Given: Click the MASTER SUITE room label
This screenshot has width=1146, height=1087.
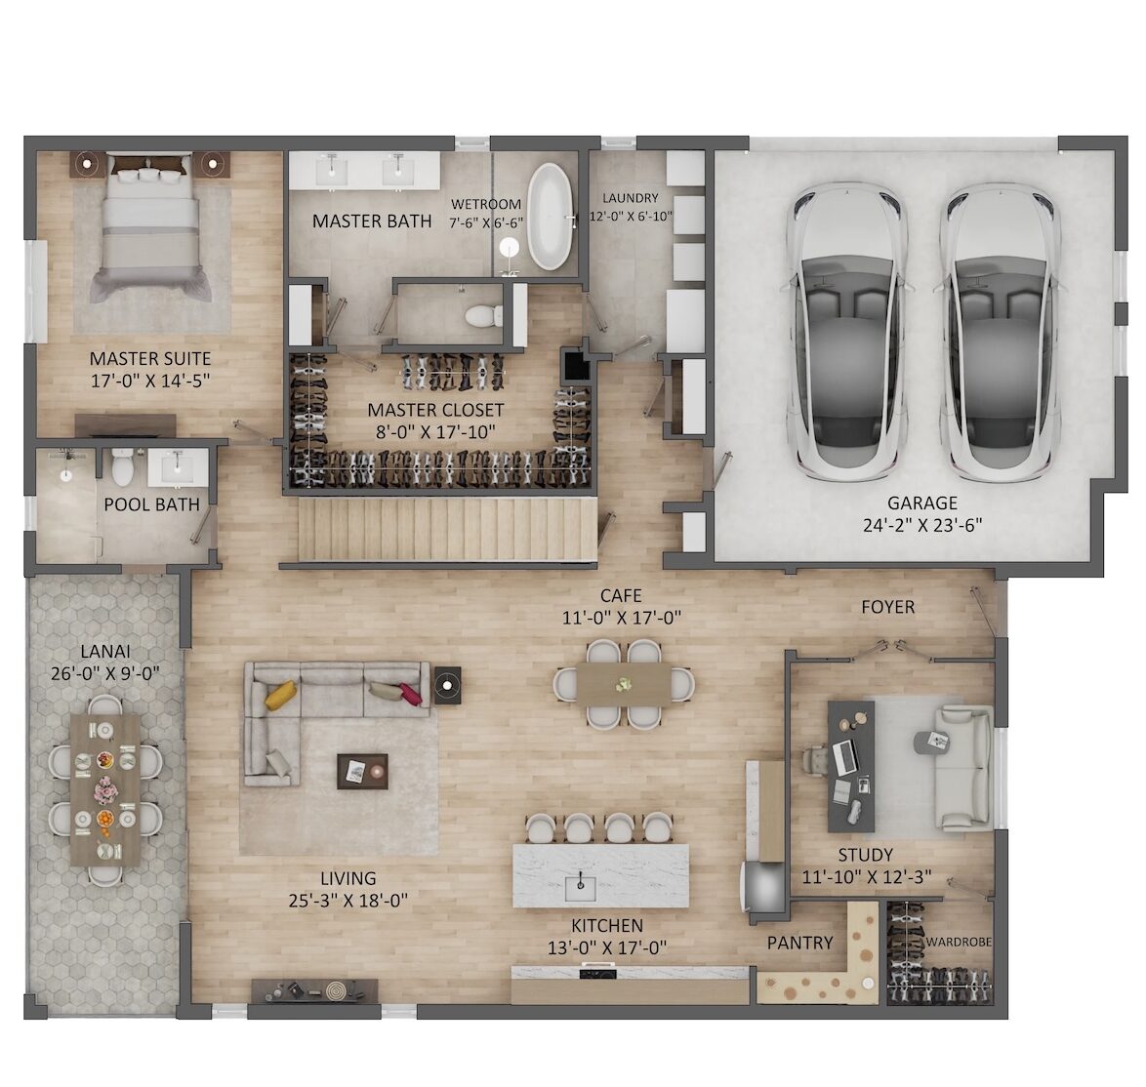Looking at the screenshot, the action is (149, 359).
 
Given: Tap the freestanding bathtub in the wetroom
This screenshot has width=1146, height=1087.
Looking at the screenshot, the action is (549, 217).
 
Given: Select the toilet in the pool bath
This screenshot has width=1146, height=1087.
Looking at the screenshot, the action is (121, 467).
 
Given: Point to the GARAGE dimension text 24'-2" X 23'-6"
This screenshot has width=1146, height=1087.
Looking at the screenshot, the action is (922, 525).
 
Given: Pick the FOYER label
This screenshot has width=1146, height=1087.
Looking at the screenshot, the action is (887, 607).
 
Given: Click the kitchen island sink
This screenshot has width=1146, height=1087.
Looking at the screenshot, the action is (581, 887).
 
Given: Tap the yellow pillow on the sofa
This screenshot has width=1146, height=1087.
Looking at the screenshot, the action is (281, 695).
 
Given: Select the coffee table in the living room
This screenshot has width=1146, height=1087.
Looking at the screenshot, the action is (362, 771).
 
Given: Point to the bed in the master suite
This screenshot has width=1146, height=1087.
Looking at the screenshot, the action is (149, 228).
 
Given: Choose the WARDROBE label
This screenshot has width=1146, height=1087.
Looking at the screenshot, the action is (959, 943).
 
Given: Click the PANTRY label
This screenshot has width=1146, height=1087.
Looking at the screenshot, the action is (799, 944).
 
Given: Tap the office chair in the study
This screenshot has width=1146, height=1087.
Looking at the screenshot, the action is (820, 760).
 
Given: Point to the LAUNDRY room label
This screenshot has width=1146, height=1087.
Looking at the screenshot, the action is (630, 198).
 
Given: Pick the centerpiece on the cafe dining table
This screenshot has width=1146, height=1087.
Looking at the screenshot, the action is (624, 684).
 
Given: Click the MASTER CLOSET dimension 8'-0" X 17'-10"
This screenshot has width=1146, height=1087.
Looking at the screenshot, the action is (435, 431).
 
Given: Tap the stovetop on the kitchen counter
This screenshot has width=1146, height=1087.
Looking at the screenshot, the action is (598, 972).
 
